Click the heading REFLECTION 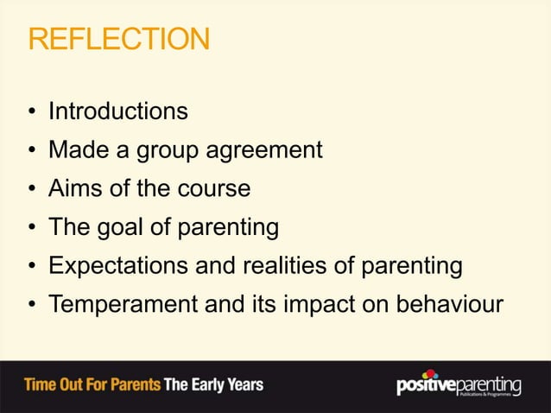[118, 40]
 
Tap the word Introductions [117, 111]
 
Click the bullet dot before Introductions [31, 112]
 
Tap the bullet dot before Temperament [31, 307]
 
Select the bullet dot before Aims [31, 190]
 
